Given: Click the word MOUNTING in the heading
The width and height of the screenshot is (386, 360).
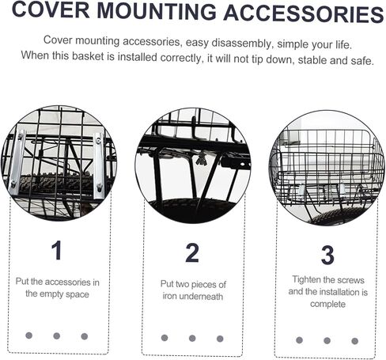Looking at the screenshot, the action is coord(157,11).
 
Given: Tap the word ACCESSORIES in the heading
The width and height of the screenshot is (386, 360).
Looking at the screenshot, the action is coord(304,13).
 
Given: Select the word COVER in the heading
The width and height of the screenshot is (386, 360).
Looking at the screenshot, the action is coord(51,9).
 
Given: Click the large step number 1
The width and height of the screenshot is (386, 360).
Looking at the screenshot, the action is coord(56,250).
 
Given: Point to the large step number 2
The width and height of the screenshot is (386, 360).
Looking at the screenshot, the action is coord(192,252).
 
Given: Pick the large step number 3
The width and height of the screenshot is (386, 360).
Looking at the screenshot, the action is coord(327,255).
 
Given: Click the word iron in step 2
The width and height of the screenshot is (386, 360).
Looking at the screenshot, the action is coord(169,296).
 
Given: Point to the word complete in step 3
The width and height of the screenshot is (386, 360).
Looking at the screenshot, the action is coord(327,304).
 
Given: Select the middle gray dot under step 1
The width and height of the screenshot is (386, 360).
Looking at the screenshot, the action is coord(57,335).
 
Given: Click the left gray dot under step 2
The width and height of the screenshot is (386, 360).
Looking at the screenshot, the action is coord(165,338).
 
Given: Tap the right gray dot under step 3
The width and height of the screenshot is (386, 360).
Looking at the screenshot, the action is coord(355,341).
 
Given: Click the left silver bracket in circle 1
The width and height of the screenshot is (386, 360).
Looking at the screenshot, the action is coord(17,161).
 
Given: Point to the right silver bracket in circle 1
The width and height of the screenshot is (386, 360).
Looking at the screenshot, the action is coord(99,165).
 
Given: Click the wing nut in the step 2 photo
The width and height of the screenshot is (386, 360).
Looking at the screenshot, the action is coord(202,159).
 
